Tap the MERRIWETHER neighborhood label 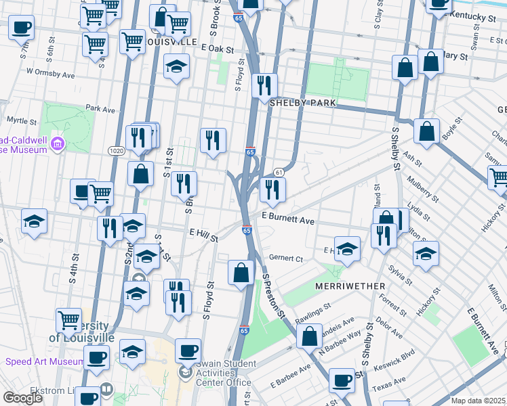pos(350,286)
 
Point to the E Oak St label pos(217,49)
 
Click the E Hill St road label pos(203,234)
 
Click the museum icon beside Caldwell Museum pos(58,143)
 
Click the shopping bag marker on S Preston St pos(309,336)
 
